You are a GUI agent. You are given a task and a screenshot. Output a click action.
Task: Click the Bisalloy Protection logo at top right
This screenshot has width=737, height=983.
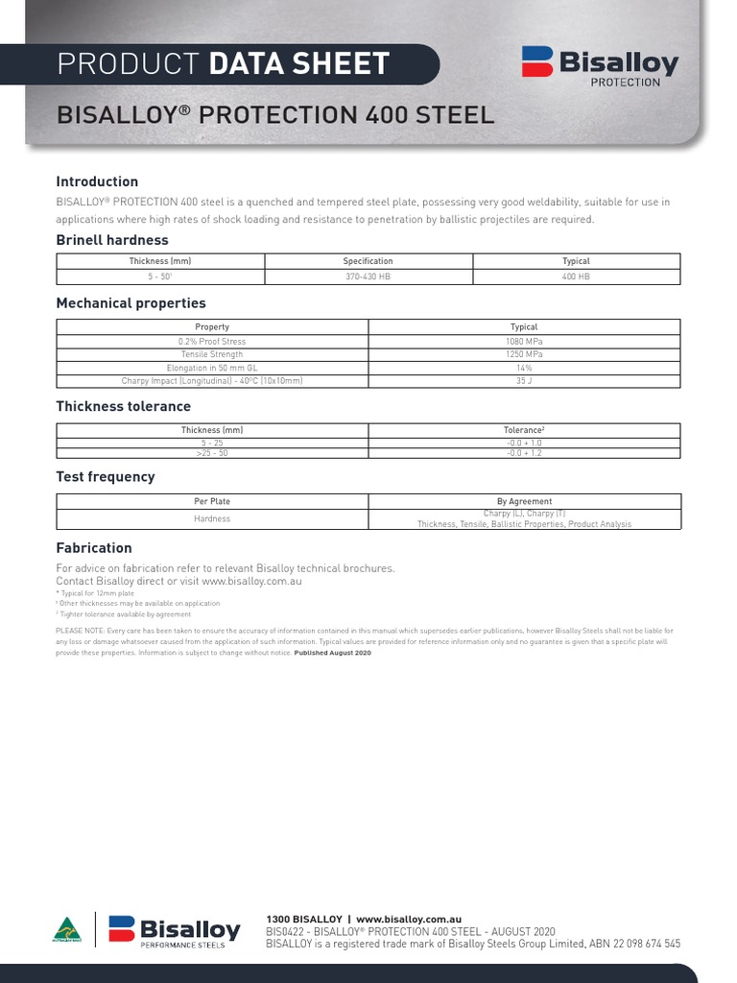pyautogui.click(x=600, y=65)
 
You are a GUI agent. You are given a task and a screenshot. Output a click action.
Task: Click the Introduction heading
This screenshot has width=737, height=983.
pyautogui.click(x=97, y=181)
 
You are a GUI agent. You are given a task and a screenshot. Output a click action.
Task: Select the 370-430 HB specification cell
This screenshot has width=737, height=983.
pyautogui.click(x=368, y=276)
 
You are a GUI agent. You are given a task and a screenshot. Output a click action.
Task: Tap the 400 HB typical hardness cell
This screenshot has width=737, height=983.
pyautogui.click(x=576, y=276)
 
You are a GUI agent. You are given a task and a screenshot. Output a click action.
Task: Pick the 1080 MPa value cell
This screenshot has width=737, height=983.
pyautogui.click(x=524, y=341)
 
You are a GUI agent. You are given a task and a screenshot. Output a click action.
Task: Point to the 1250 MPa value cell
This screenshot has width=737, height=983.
pyautogui.click(x=524, y=354)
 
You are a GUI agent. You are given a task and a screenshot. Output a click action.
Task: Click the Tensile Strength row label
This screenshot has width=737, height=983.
pyautogui.click(x=212, y=354)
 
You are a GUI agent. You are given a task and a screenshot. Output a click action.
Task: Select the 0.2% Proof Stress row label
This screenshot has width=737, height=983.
pyautogui.click(x=212, y=341)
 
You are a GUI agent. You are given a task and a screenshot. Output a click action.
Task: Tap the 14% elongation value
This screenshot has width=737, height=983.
pyautogui.click(x=524, y=368)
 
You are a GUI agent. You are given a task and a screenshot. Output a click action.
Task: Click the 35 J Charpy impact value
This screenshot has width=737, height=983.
pyautogui.click(x=524, y=381)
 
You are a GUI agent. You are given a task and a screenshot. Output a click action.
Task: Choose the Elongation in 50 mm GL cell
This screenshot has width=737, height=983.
pyautogui.click(x=212, y=368)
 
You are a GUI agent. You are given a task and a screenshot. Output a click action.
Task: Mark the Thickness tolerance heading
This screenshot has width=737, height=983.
pyautogui.click(x=123, y=406)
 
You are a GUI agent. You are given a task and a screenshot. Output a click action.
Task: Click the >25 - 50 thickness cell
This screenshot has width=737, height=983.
pyautogui.click(x=212, y=452)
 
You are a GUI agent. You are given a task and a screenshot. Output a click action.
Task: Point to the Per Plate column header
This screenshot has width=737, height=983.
pyautogui.click(x=212, y=501)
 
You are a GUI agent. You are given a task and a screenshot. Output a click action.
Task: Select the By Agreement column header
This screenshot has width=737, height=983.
pyautogui.click(x=524, y=501)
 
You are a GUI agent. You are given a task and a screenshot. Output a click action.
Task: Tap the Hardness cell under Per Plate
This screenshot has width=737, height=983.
pyautogui.click(x=212, y=518)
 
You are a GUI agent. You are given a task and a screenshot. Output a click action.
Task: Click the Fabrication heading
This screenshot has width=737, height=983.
pyautogui.click(x=94, y=548)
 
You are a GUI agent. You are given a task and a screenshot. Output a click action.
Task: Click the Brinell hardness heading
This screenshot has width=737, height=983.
pyautogui.click(x=112, y=240)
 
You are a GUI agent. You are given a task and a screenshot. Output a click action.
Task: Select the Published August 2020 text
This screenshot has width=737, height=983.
pyautogui.click(x=332, y=652)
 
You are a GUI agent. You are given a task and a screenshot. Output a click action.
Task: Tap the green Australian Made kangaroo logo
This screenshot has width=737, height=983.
pyautogui.click(x=66, y=931)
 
